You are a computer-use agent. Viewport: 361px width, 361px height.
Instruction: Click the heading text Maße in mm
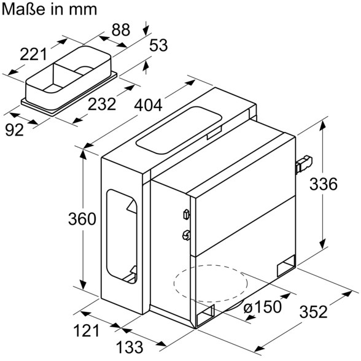49,9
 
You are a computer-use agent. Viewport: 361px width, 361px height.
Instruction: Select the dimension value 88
121,29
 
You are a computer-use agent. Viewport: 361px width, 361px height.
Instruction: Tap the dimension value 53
158,45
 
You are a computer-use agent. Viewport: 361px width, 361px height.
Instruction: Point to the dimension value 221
33,54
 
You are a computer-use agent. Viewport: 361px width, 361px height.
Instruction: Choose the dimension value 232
102,104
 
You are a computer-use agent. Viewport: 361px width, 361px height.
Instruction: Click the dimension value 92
14,130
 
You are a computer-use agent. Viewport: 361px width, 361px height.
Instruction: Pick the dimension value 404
149,106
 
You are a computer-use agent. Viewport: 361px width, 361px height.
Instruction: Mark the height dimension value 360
82,219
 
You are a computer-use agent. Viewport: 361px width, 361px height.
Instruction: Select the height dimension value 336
323,184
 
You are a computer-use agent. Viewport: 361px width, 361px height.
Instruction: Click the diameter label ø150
262,306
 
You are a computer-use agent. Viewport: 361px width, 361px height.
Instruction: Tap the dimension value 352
313,312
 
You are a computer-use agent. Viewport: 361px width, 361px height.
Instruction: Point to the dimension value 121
87,330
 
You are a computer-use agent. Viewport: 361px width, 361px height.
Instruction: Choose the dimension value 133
130,347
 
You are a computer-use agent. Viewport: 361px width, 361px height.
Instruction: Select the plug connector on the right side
303,164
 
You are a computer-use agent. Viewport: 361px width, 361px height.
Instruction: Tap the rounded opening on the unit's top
179,130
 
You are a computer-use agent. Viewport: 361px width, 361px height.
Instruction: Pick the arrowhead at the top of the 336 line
323,126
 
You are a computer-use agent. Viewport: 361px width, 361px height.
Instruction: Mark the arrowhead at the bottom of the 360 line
83,284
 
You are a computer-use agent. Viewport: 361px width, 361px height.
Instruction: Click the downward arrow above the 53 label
146,28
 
